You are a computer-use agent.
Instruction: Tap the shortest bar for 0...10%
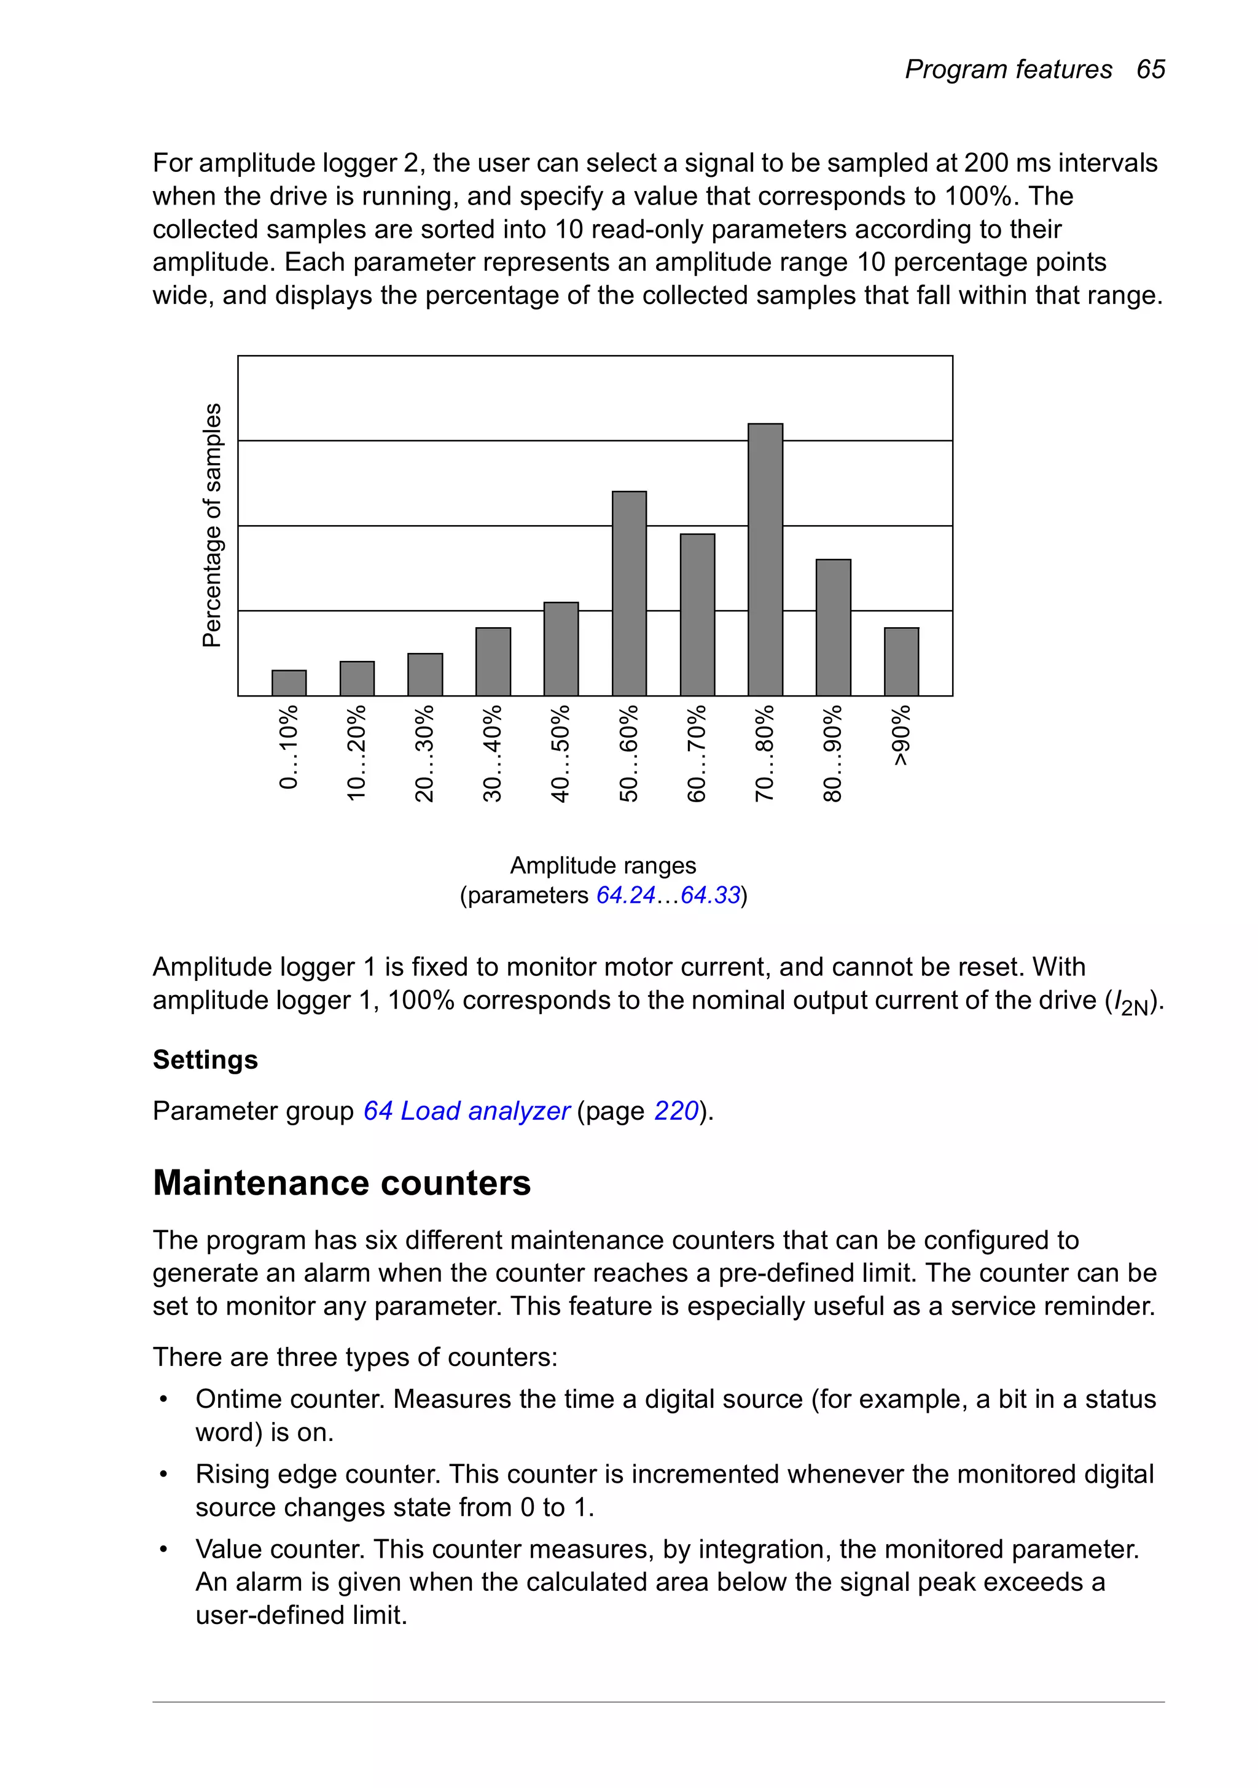(x=289, y=682)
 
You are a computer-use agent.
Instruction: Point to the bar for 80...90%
(x=833, y=627)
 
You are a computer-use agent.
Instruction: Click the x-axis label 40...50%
(x=561, y=753)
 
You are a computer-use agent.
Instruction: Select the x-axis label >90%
(x=901, y=735)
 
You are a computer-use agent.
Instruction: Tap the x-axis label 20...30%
(x=424, y=753)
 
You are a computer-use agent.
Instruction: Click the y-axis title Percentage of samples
(x=212, y=525)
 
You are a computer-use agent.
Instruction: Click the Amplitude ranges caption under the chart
(x=603, y=865)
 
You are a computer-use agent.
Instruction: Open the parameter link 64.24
(x=625, y=896)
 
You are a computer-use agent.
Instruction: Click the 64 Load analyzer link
(x=466, y=1111)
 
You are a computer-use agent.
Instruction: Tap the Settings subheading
(x=205, y=1060)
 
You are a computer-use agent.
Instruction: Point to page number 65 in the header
(x=1150, y=69)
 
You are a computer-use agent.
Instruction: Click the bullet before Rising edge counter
(x=163, y=1475)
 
